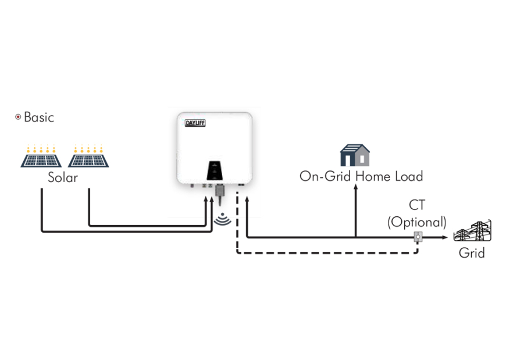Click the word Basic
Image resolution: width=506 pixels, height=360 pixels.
click(39, 117)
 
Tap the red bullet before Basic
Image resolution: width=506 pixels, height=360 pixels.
click(18, 117)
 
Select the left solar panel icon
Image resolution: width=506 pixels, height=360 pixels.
click(42, 156)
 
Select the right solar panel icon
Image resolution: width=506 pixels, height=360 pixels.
click(88, 156)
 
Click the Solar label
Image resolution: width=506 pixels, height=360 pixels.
click(62, 177)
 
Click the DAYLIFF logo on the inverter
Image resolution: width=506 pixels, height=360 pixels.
click(195, 123)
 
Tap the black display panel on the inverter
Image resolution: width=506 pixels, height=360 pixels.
click(214, 170)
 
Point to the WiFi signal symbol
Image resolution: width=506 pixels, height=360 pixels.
click(222, 219)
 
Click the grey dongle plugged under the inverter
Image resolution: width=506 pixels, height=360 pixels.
click(220, 192)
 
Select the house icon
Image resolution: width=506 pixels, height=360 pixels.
click(355, 155)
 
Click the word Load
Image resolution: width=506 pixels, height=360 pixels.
click(409, 176)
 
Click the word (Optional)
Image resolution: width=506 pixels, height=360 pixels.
click(416, 222)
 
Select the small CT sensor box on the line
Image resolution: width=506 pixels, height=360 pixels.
click(417, 237)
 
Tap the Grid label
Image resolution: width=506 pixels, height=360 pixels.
click(472, 253)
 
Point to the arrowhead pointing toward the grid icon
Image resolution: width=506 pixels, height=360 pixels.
click(445, 237)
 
